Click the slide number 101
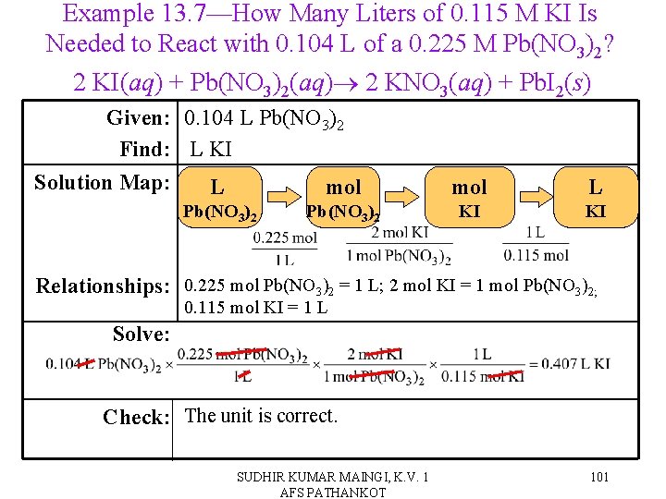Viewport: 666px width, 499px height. click(x=598, y=478)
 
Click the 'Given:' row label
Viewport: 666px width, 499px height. click(x=142, y=118)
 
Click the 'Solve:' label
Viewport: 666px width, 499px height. click(x=142, y=334)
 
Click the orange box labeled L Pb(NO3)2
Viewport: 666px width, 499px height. click(x=220, y=197)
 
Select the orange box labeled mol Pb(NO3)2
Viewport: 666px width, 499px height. click(x=343, y=197)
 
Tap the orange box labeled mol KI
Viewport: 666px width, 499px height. click(x=470, y=197)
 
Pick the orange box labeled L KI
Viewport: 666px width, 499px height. click(x=596, y=197)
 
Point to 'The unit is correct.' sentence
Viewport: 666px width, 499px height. click(x=262, y=416)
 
